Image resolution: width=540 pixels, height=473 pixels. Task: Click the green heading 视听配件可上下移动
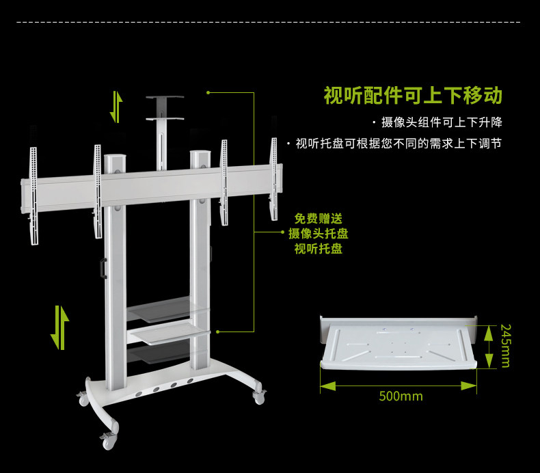pos(413,95)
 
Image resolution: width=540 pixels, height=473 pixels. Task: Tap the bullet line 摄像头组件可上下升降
pos(442,123)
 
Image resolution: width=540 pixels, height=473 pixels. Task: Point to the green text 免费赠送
pos(318,219)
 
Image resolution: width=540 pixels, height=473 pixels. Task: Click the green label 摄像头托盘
pos(318,234)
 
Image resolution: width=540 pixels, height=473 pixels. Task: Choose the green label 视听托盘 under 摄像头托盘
pos(318,249)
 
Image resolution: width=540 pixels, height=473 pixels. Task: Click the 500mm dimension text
pos(401,396)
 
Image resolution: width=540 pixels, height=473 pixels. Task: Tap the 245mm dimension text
pos(505,346)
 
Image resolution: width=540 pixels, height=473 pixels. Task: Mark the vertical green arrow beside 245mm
pos(488,347)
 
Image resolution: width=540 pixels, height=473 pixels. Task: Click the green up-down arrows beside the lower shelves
pos(60,327)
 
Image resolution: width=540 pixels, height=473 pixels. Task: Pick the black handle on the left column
pos(103,267)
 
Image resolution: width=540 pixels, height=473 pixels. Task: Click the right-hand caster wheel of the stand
pos(259,395)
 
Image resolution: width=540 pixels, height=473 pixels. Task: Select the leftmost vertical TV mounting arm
pos(33,195)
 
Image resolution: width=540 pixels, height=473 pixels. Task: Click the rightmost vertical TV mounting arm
pos(274,179)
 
